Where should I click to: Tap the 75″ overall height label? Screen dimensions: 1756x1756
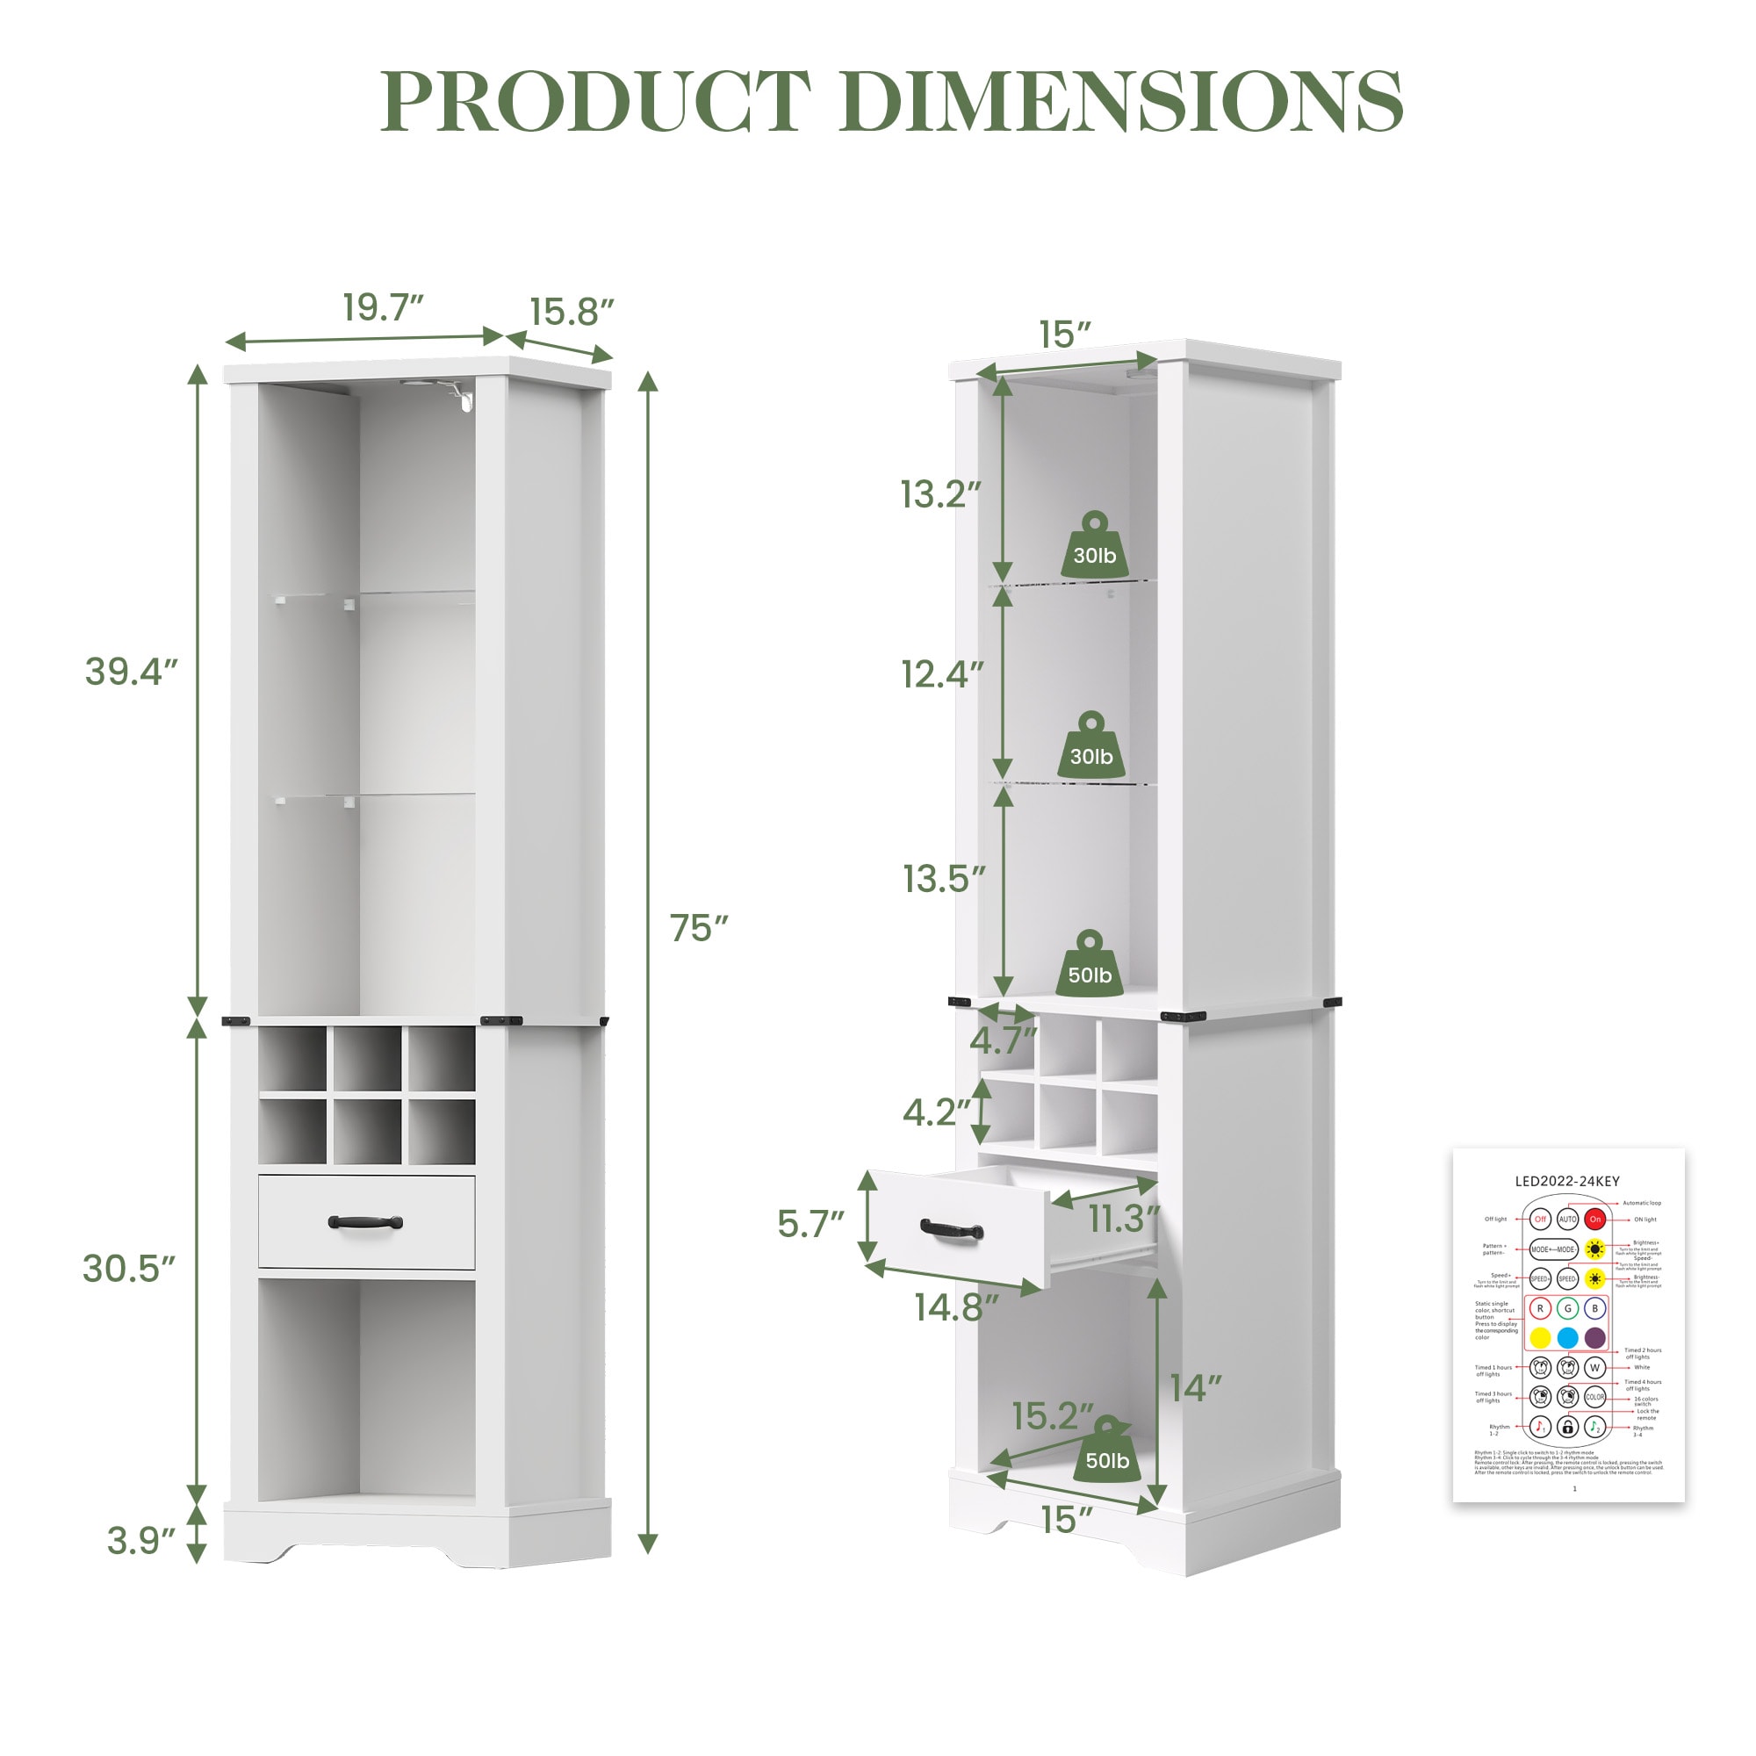pyautogui.click(x=698, y=928)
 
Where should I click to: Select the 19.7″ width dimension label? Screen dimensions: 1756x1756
pyautogui.click(x=383, y=308)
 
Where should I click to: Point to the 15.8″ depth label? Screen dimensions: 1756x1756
pyautogui.click(x=572, y=312)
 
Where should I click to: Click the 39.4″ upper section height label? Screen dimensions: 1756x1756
pyautogui.click(x=131, y=672)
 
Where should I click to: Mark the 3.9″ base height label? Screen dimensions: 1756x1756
pyautogui.click(x=140, y=1541)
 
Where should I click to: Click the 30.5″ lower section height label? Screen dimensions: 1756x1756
pyautogui.click(x=128, y=1268)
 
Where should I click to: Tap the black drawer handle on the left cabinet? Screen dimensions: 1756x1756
pyautogui.click(x=365, y=1222)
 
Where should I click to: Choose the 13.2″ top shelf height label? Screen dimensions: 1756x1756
pyautogui.click(x=940, y=494)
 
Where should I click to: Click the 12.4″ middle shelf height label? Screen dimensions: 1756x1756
pyautogui.click(x=941, y=674)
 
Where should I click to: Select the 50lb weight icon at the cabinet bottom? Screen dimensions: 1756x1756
pyautogui.click(x=1107, y=1461)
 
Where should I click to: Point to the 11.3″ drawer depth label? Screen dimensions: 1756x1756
pyautogui.click(x=1125, y=1220)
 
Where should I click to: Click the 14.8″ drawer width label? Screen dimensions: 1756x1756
pyautogui.click(x=956, y=1307)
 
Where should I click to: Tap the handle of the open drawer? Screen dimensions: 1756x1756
pyautogui.click(x=952, y=1230)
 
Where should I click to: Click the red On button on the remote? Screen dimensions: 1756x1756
pyautogui.click(x=1595, y=1219)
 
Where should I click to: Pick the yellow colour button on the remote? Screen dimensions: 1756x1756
pyautogui.click(x=1540, y=1338)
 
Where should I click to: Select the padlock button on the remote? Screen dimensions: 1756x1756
pyautogui.click(x=1567, y=1427)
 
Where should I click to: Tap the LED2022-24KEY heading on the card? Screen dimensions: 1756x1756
pyautogui.click(x=1567, y=1182)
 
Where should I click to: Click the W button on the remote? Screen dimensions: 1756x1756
pyautogui.click(x=1594, y=1367)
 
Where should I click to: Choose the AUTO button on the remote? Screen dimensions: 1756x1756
pyautogui.click(x=1568, y=1219)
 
